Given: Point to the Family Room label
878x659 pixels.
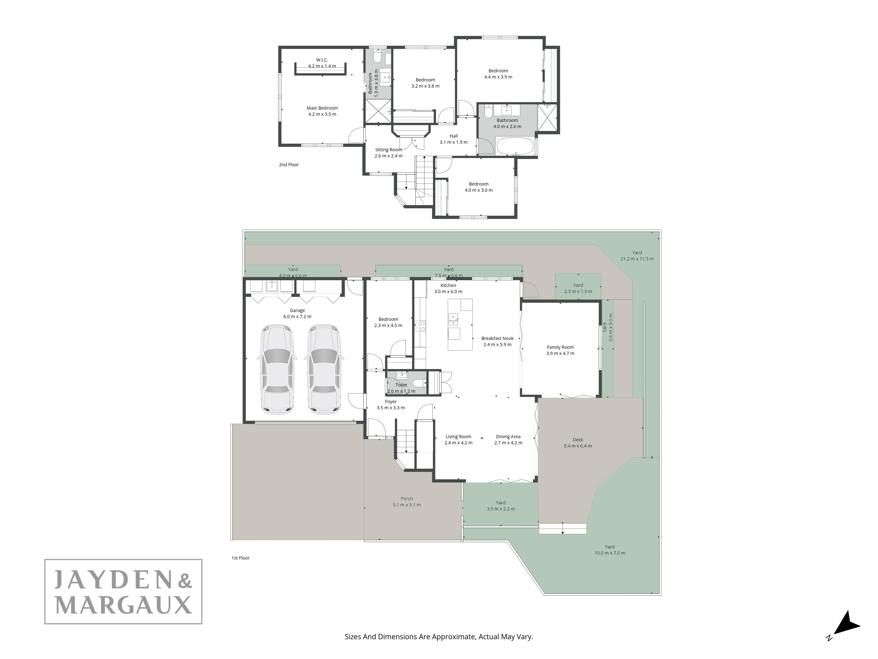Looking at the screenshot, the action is click(x=560, y=347).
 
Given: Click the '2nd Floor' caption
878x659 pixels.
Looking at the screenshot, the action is click(x=289, y=165).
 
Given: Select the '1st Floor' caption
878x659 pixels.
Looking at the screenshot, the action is click(x=241, y=558).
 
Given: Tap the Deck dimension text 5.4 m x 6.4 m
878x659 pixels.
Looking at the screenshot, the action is click(x=578, y=446).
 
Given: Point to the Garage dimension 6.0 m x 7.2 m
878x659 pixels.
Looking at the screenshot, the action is click(x=297, y=317).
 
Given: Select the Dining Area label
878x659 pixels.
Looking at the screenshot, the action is click(x=508, y=436).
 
